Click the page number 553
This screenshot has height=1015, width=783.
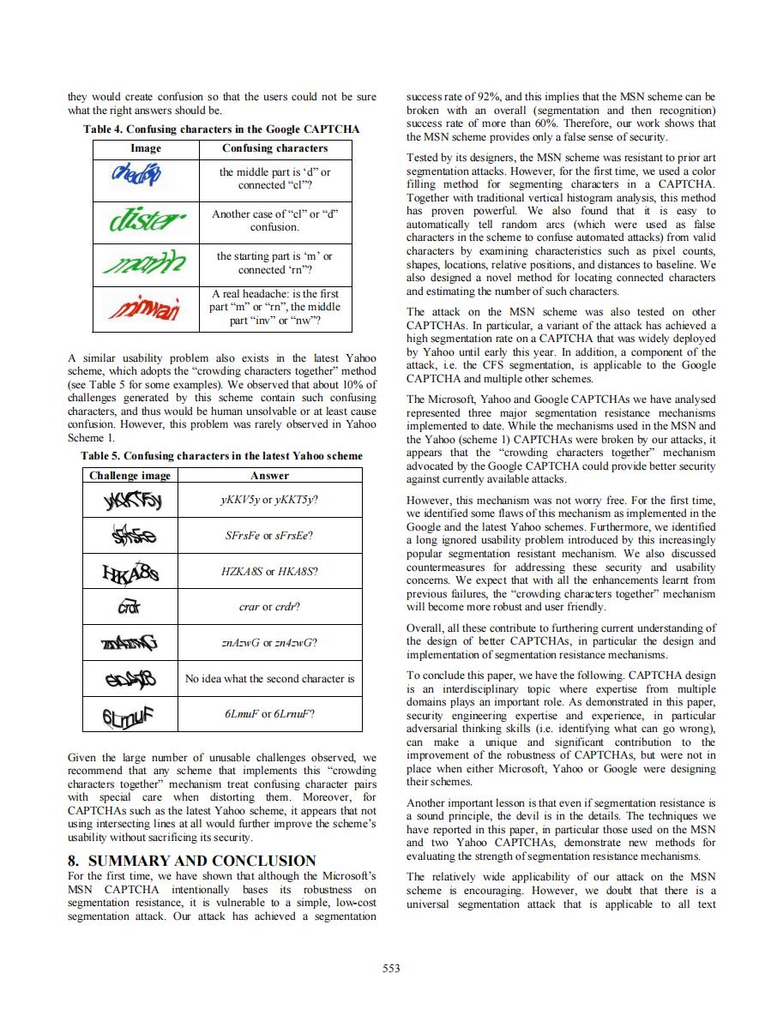tap(391, 968)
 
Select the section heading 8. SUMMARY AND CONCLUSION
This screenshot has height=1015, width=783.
tap(191, 861)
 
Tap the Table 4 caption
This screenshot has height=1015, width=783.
tap(220, 129)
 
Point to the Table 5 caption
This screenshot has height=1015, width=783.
tap(221, 455)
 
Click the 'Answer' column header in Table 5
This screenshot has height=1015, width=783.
tap(269, 475)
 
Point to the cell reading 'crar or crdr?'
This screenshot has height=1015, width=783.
tap(269, 606)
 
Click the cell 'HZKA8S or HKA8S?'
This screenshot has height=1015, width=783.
tap(269, 570)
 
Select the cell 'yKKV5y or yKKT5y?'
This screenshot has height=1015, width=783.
tap(269, 499)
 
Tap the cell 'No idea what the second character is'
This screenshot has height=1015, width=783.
tap(269, 678)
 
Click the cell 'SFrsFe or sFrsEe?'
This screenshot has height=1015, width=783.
tap(269, 535)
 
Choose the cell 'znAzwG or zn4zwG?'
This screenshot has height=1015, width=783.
tap(269, 642)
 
